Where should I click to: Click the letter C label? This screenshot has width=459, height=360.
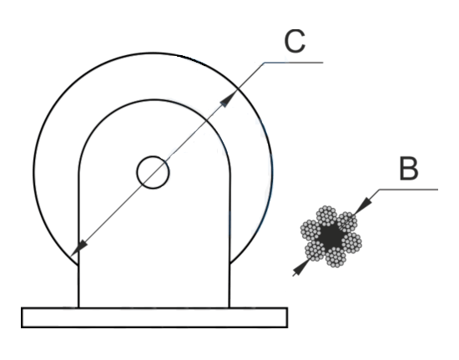pyautogui.click(x=295, y=41)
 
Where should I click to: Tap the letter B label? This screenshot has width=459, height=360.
pyautogui.click(x=409, y=169)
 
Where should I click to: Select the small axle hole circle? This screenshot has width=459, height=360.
pyautogui.click(x=153, y=172)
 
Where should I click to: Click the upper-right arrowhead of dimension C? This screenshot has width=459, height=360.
pyautogui.click(x=229, y=99)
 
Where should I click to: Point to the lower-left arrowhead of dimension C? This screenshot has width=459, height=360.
pyautogui.click(x=79, y=248)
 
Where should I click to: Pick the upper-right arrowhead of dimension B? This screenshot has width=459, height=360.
pyautogui.click(x=363, y=205)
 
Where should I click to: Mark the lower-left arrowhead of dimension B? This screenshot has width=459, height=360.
pyautogui.click(x=300, y=267)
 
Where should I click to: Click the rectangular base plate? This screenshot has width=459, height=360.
pyautogui.click(x=154, y=317)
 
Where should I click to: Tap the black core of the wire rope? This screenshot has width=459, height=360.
pyautogui.click(x=330, y=236)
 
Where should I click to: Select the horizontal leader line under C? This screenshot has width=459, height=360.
pyautogui.click(x=293, y=63)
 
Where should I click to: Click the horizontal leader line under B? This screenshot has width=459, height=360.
pyautogui.click(x=408, y=190)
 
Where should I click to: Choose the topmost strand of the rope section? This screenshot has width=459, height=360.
pyautogui.click(x=326, y=215)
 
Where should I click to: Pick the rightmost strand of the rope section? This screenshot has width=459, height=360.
pyautogui.click(x=352, y=242)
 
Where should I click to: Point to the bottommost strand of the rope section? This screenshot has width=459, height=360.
pyautogui.click(x=335, y=257)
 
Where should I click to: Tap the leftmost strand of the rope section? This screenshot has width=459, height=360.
pyautogui.click(x=310, y=230)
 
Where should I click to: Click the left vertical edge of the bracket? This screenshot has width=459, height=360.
pyautogui.click(x=78, y=241)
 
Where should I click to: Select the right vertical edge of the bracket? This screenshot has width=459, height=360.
pyautogui.click(x=229, y=241)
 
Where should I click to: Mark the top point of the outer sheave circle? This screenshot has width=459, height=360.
pyautogui.click(x=153, y=53)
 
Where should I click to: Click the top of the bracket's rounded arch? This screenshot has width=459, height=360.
pyautogui.click(x=154, y=100)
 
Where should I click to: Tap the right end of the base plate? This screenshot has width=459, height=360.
pyautogui.click(x=287, y=317)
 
